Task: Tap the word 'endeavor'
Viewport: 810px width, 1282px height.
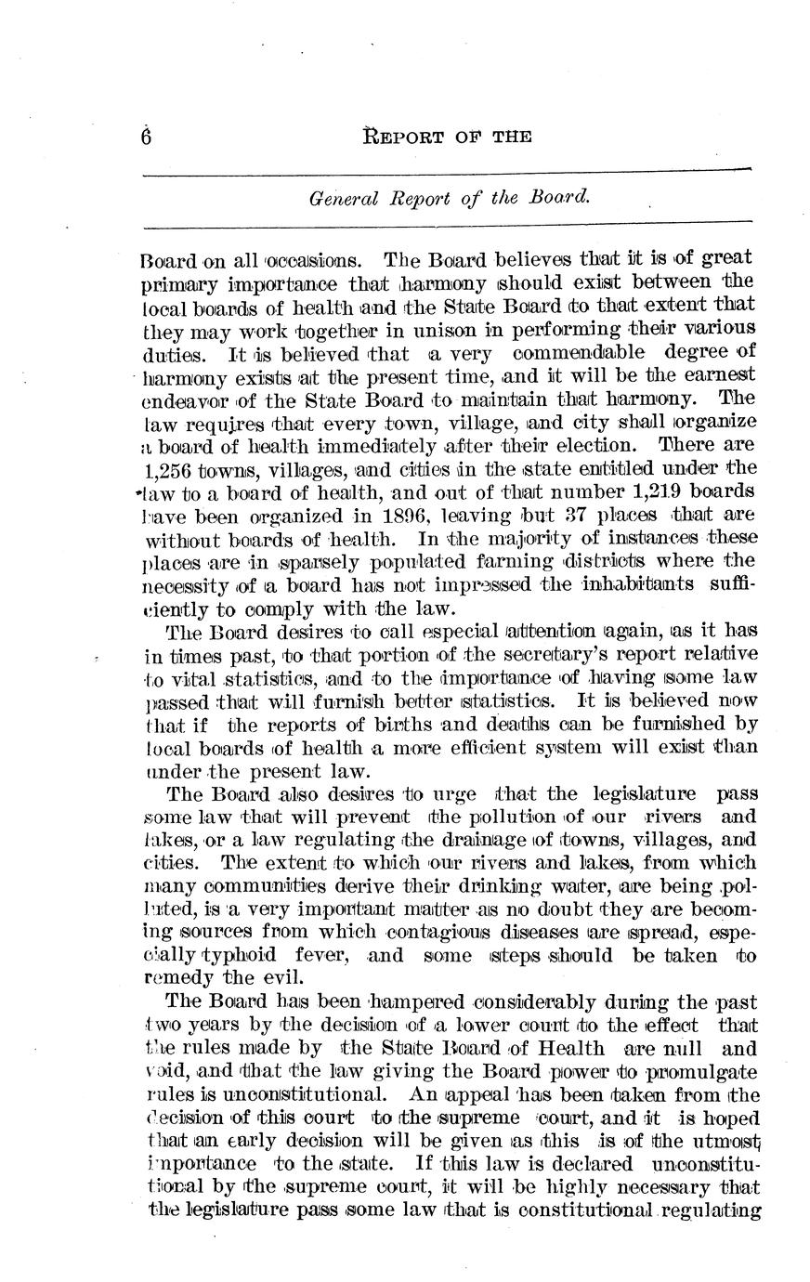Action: (x=182, y=400)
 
